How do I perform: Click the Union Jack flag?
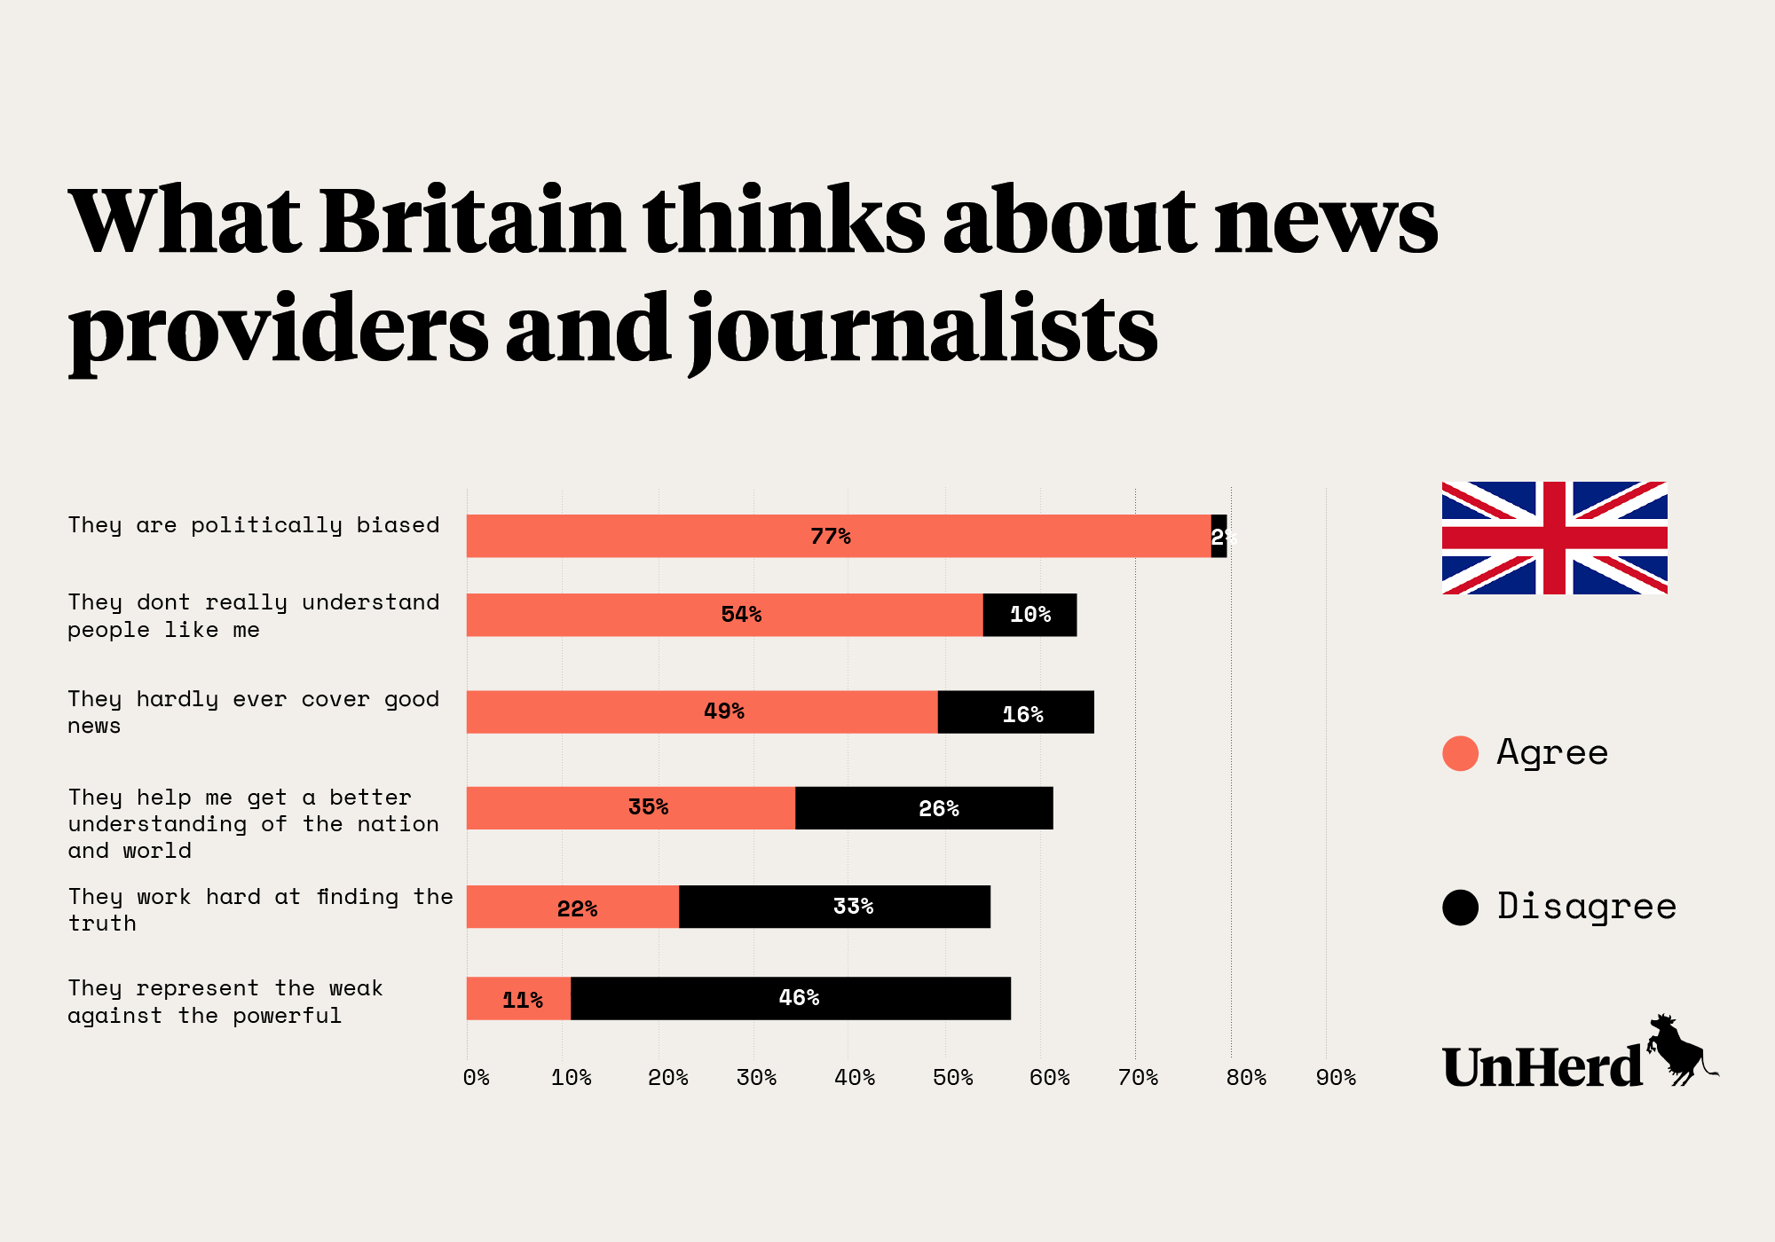pyautogui.click(x=1554, y=538)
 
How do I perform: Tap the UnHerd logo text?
pyautogui.click(x=1542, y=1067)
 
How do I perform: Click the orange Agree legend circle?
pyautogui.click(x=1460, y=753)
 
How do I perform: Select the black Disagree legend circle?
pyautogui.click(x=1460, y=907)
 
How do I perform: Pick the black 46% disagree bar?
pyautogui.click(x=790, y=999)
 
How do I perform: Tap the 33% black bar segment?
pyautogui.click(x=834, y=907)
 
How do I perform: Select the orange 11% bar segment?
pyautogui.click(x=518, y=999)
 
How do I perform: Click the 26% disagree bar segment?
pyautogui.click(x=924, y=808)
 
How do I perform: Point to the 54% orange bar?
pyautogui.click(x=724, y=615)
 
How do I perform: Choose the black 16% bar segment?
pyautogui.click(x=1015, y=712)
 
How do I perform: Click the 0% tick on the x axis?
pyautogui.click(x=477, y=1078)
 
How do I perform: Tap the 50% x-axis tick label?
pyautogui.click(x=952, y=1078)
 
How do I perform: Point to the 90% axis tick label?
pyautogui.click(x=1336, y=1078)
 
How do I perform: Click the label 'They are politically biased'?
pyautogui.click(x=254, y=525)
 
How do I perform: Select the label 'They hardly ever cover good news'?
pyautogui.click(x=254, y=712)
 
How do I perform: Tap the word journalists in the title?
pyautogui.click(x=923, y=330)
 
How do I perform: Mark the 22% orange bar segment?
pyautogui.click(x=572, y=907)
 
